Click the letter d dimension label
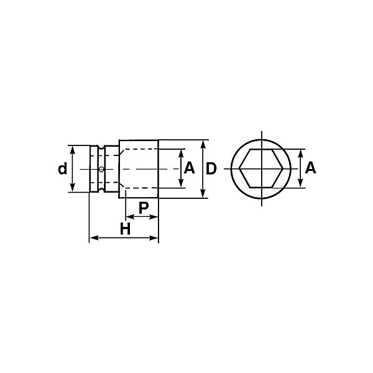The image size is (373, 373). tap(63, 168)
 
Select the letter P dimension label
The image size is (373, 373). tap(144, 208)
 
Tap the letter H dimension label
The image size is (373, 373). tap(125, 228)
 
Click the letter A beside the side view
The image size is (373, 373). tap(190, 168)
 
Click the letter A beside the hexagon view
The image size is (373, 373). tap(310, 168)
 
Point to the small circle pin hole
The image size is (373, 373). tap(101, 169)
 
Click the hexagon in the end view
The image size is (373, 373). tap(239, 169)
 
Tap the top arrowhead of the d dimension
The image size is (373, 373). tap(73, 150)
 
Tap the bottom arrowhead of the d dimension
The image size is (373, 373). tap(73, 188)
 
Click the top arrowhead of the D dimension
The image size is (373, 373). tap(203, 145)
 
